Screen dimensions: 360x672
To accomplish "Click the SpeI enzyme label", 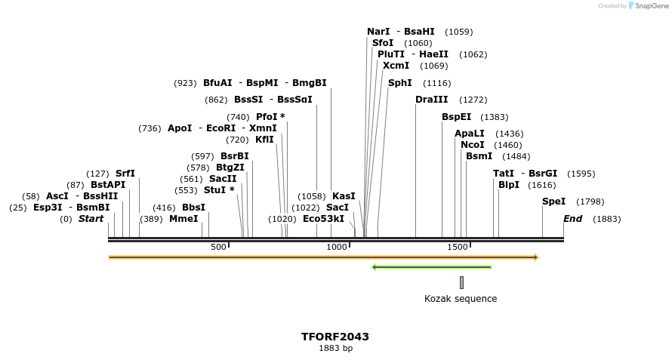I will click(x=553, y=202).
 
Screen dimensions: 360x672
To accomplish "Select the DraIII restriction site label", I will click(x=431, y=100).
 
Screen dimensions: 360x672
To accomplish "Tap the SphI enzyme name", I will click(x=399, y=83).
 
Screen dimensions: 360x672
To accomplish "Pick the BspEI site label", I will click(x=456, y=117).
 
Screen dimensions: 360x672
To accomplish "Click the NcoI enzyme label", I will click(x=472, y=145).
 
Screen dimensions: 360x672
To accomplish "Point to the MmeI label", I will click(x=183, y=219).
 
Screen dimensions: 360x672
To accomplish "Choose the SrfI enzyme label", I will click(x=125, y=174).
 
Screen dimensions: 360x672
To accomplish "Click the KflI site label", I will click(x=264, y=140).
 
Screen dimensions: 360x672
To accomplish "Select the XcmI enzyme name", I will click(x=396, y=66).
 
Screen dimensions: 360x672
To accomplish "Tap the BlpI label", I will click(x=508, y=185).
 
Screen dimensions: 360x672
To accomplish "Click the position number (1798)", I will click(x=590, y=202).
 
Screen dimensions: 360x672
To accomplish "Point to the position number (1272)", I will click(x=473, y=100).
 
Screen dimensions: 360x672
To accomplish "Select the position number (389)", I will click(x=151, y=219).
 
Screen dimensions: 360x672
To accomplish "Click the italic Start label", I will click(x=91, y=219).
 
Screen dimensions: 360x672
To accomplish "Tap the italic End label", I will click(x=572, y=219).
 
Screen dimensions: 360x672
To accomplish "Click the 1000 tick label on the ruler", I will click(x=336, y=247).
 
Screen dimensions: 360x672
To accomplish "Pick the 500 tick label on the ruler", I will click(x=218, y=247).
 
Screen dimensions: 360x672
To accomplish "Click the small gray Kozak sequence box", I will click(x=461, y=282).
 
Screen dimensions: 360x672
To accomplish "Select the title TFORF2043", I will click(x=335, y=337).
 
